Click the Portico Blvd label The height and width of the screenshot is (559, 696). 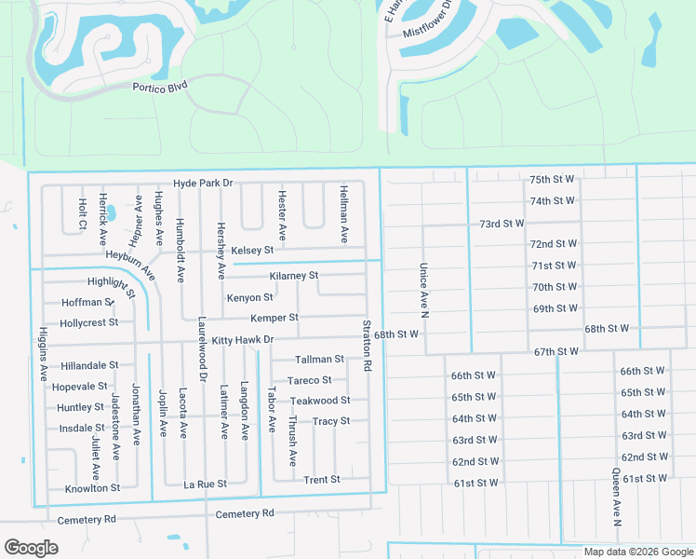point(159,85)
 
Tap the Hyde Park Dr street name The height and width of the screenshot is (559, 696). point(202,184)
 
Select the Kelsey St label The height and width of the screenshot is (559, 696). point(252,250)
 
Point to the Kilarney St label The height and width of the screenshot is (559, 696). point(294,276)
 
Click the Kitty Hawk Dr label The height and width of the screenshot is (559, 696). point(242,340)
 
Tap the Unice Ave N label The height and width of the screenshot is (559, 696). point(423,290)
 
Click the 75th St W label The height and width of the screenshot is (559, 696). point(553,179)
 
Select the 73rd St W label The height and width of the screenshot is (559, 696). point(502,224)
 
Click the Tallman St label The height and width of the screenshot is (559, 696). point(319,359)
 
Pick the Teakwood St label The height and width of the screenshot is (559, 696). point(319,401)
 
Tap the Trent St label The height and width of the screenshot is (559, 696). point(322,480)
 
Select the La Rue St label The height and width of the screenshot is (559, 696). point(205,484)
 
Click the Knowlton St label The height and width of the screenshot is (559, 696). point(92,488)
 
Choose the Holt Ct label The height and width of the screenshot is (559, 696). point(82,213)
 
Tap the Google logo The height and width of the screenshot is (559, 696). point(31,548)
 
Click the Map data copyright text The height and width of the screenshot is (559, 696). point(638,552)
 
